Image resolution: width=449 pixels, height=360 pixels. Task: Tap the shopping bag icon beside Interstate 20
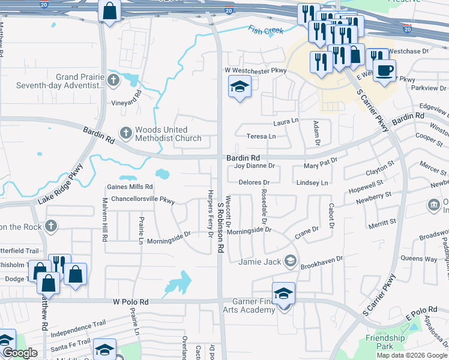pyautogui.click(x=110, y=10)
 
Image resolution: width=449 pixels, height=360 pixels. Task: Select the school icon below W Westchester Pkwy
pyautogui.click(x=239, y=88)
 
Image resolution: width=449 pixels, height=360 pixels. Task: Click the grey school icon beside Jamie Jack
pyautogui.click(x=290, y=260)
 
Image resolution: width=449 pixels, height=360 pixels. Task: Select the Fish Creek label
pyautogui.click(x=265, y=30)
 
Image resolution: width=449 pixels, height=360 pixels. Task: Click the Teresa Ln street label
pyautogui.click(x=261, y=136)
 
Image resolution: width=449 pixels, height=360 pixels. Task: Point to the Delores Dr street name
pyautogui.click(x=255, y=182)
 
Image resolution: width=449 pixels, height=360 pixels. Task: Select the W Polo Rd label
pyautogui.click(x=129, y=302)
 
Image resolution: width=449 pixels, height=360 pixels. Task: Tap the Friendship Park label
pyautogui.click(x=385, y=342)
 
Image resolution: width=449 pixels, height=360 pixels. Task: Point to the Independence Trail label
pyautogui.click(x=78, y=328)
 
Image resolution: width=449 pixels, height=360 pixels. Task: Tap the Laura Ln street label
pyautogui.click(x=286, y=122)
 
